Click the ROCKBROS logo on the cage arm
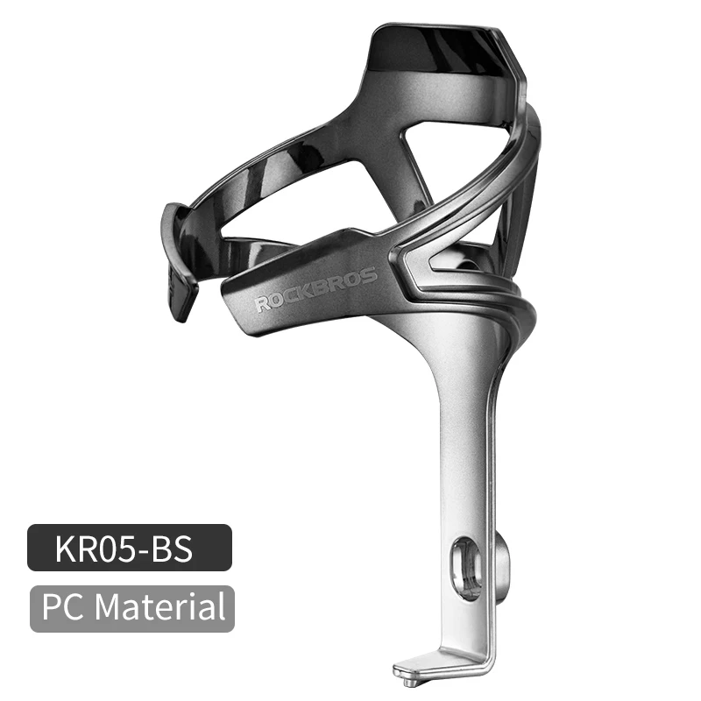pyautogui.click(x=315, y=290)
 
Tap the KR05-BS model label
pyautogui.click(x=130, y=549)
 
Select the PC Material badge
pyautogui.click(x=132, y=608)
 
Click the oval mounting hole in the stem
pyautogui.click(x=464, y=569)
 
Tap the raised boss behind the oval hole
pyautogui.click(x=501, y=561)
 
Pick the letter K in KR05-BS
pyautogui.click(x=64, y=549)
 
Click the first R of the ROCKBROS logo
pyautogui.click(x=262, y=306)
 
